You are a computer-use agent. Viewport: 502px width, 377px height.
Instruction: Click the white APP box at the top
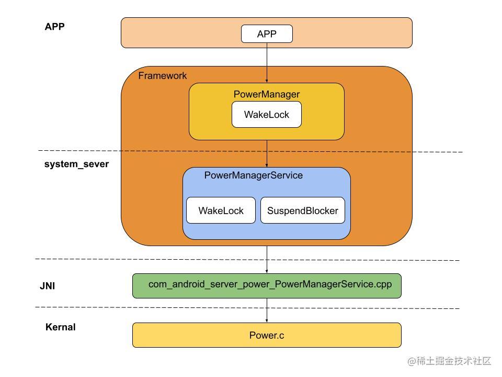pos(267,34)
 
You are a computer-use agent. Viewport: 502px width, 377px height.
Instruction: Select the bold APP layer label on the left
pos(54,27)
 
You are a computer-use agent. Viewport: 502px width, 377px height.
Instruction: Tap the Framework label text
pos(162,75)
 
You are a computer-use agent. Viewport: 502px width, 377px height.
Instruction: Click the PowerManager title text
pos(267,94)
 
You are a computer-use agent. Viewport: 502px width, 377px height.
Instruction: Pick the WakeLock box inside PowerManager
pos(267,115)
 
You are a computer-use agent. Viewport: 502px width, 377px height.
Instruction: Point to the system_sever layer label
pos(76,164)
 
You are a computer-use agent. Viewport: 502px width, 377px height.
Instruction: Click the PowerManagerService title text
pos(253,175)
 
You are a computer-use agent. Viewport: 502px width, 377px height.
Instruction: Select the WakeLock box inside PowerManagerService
pos(221,210)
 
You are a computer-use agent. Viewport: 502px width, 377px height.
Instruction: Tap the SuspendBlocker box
pos(302,210)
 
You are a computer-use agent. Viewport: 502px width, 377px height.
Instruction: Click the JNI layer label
pos(48,286)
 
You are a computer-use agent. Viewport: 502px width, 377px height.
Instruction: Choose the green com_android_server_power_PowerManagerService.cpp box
pos(267,285)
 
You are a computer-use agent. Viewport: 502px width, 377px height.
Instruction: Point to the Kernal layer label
pos(60,327)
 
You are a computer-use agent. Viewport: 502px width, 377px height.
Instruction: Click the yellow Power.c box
pos(267,335)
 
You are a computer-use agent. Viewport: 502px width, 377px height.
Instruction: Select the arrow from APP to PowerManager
pos(267,63)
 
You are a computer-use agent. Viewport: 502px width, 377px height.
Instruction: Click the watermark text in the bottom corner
pos(449,361)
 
